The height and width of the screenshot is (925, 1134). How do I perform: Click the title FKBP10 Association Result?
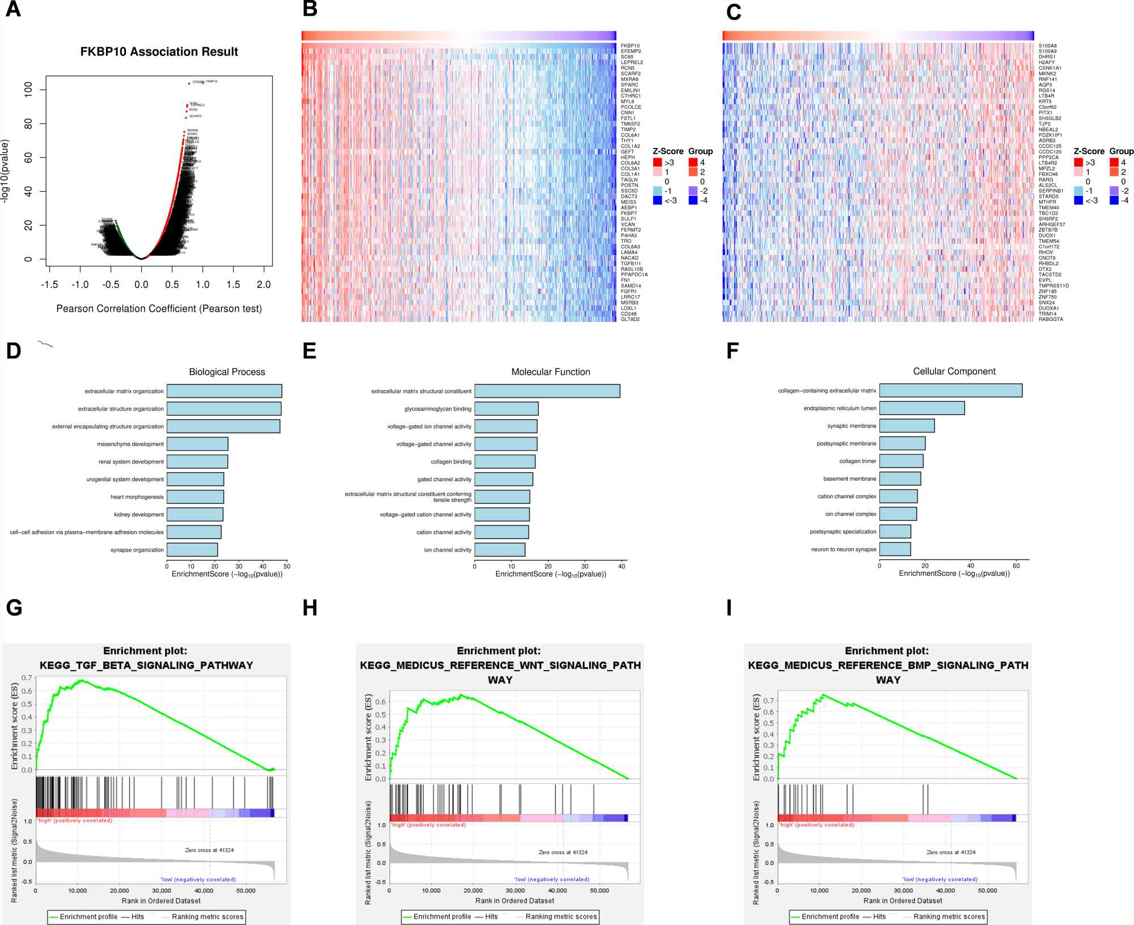pyautogui.click(x=159, y=52)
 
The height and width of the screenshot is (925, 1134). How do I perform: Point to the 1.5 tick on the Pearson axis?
pyautogui.click(x=233, y=285)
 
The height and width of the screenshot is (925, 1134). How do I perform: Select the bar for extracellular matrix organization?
pyautogui.click(x=224, y=391)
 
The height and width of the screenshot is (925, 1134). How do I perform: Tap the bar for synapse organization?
pyautogui.click(x=192, y=550)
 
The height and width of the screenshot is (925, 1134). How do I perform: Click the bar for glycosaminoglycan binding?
pyautogui.click(x=506, y=409)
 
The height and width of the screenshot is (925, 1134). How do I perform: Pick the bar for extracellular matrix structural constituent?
pyautogui.click(x=547, y=391)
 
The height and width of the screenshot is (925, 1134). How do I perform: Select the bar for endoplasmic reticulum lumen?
pyautogui.click(x=922, y=408)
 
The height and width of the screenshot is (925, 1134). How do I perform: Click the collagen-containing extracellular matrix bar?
pyautogui.click(x=951, y=391)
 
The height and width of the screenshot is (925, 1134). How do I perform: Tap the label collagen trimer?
pyautogui.click(x=857, y=461)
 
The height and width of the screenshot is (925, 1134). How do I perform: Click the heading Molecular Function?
pyautogui.click(x=551, y=372)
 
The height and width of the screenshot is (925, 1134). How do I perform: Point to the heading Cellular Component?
pyautogui.click(x=954, y=371)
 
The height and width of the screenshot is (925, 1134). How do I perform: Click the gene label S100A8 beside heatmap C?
pyautogui.click(x=1047, y=46)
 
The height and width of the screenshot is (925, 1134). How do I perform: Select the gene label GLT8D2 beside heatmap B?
pyautogui.click(x=630, y=320)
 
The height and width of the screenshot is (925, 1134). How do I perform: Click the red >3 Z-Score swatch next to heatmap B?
pyautogui.click(x=658, y=163)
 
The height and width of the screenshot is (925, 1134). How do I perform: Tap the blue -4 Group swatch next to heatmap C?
pyautogui.click(x=1114, y=200)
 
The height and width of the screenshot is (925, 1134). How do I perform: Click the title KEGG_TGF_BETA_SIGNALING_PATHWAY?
pyautogui.click(x=146, y=665)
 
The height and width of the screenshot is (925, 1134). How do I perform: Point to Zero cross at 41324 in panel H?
pyautogui.click(x=562, y=852)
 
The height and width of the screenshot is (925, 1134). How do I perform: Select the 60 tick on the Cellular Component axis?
pyautogui.click(x=1017, y=566)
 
